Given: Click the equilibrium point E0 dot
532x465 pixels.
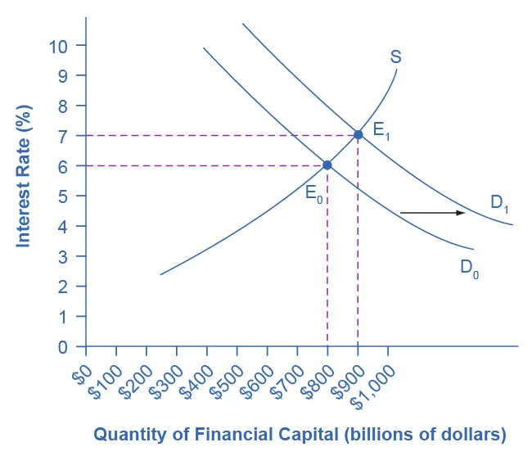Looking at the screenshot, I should click(327, 165).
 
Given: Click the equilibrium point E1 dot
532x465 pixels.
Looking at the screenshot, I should click(358, 133).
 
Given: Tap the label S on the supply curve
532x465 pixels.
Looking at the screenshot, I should click(395, 57).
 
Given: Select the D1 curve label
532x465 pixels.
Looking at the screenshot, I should click(500, 205).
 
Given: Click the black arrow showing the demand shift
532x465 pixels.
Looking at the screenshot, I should click(432, 213).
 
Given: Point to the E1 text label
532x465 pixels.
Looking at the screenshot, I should click(381, 130).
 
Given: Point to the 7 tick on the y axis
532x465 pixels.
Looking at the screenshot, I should click(61, 135).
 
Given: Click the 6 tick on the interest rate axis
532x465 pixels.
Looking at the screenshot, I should click(61, 165).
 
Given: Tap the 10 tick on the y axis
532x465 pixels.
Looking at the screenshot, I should click(57, 45).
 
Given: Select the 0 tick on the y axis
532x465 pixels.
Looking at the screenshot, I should click(61, 346).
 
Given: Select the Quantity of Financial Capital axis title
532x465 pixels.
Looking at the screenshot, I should click(300, 434).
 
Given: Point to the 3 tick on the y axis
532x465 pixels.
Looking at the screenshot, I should click(61, 256).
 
